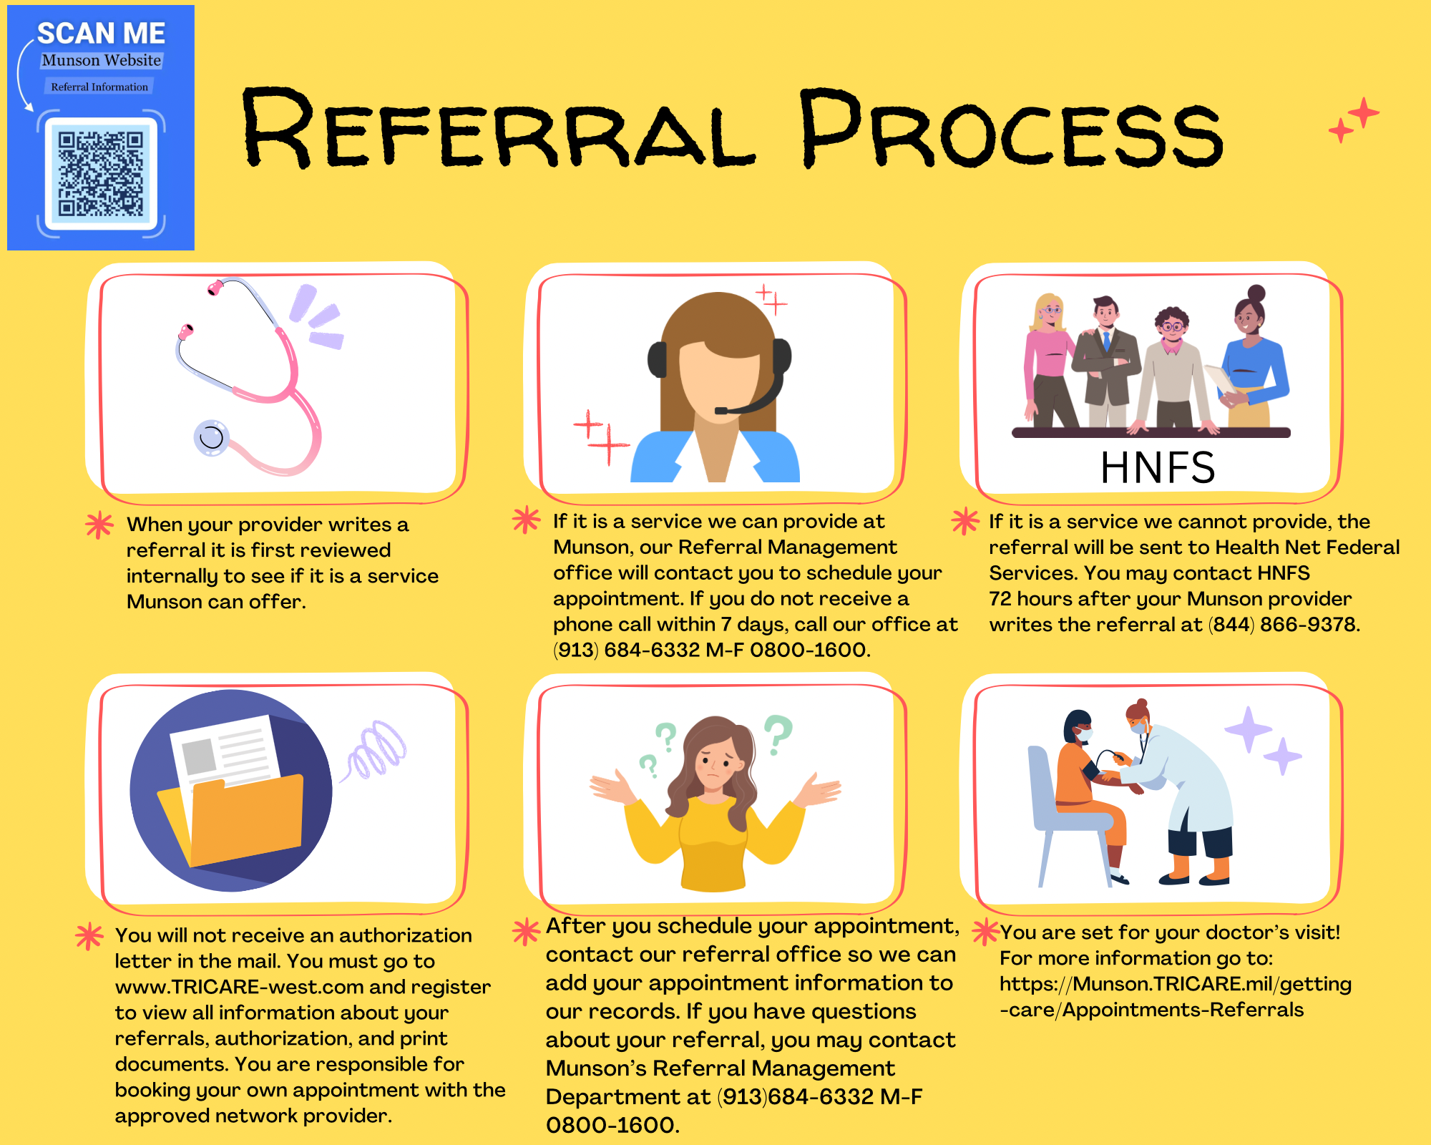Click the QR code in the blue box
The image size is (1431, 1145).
(x=101, y=174)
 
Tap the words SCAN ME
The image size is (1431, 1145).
(x=101, y=34)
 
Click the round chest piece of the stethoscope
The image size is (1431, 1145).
(x=211, y=437)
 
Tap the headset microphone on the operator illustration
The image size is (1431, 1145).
(x=722, y=411)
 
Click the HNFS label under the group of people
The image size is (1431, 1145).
(x=1157, y=467)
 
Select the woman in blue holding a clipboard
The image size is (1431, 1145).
(x=1252, y=358)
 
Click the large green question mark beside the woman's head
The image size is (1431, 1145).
(x=778, y=734)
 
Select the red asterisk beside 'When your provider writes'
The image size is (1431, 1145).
(x=99, y=525)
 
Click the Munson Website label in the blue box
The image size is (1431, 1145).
(x=101, y=61)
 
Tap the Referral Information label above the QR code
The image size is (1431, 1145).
(x=99, y=87)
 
